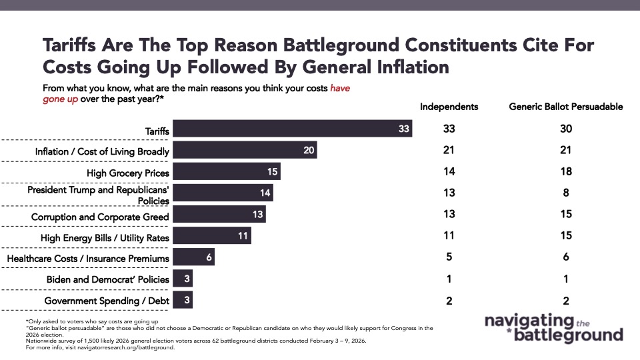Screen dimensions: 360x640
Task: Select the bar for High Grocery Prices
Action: pyautogui.click(x=227, y=172)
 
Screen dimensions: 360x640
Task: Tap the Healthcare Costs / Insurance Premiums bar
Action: pyautogui.click(x=193, y=257)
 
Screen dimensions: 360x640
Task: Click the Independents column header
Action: pyautogui.click(x=449, y=107)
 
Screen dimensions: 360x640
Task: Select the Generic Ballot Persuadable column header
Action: pyautogui.click(x=566, y=107)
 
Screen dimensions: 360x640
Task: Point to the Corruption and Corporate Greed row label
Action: pyautogui.click(x=100, y=217)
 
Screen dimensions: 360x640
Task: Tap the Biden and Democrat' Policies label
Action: pyautogui.click(x=108, y=279)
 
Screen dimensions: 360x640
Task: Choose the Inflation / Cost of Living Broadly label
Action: pyautogui.click(x=102, y=152)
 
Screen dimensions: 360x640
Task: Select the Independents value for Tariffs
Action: pyautogui.click(x=449, y=129)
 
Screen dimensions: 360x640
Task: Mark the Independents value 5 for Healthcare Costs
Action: pyautogui.click(x=449, y=257)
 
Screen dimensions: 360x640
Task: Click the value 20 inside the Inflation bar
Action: pyautogui.click(x=308, y=151)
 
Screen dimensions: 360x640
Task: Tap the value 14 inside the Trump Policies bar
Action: pyautogui.click(x=265, y=193)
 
